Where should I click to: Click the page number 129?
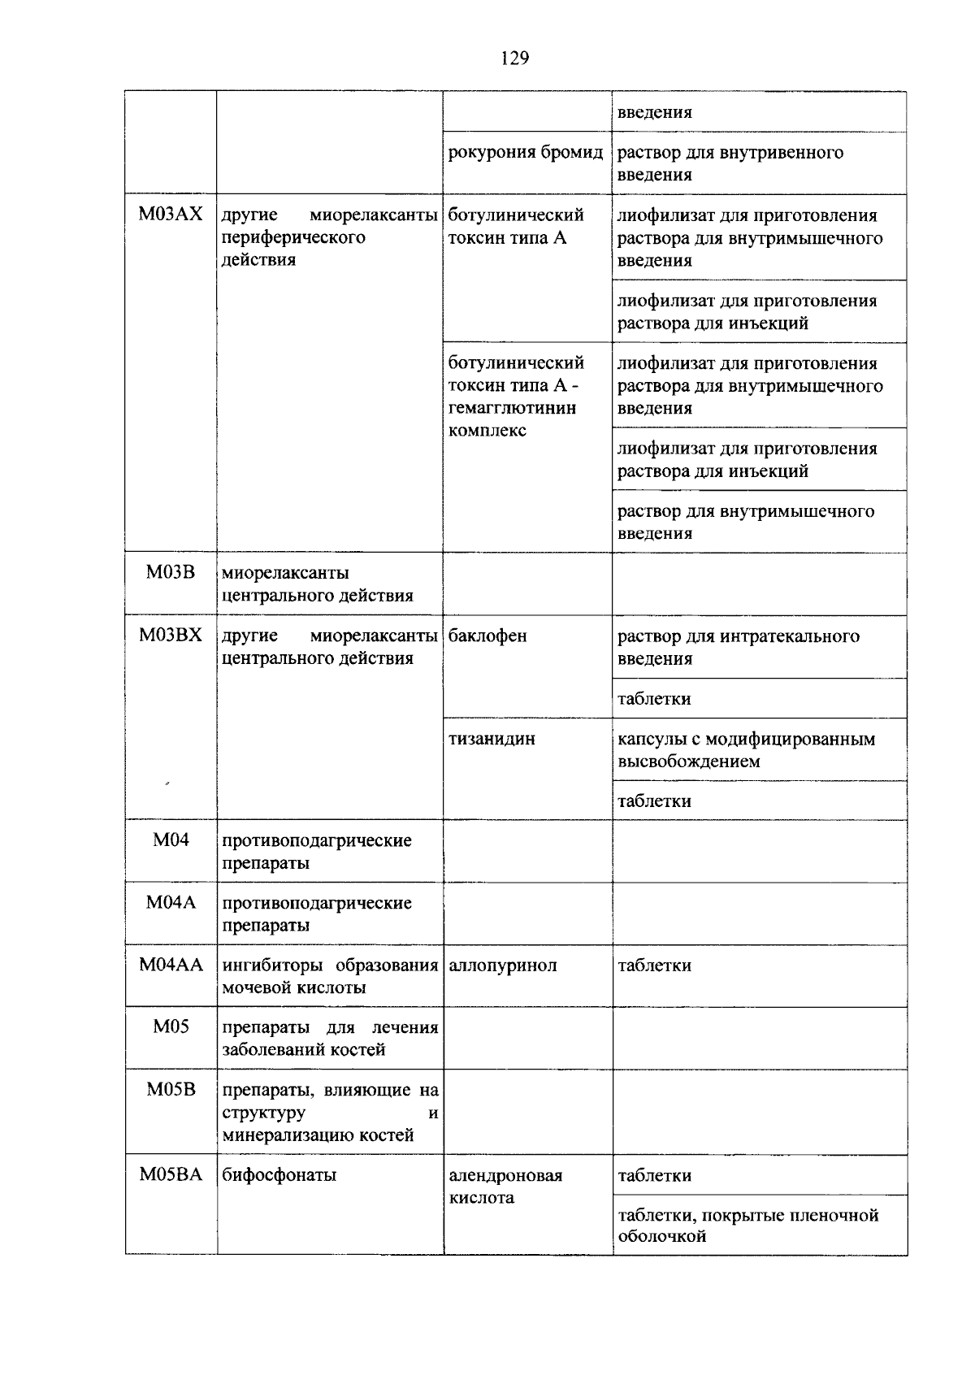pyautogui.click(x=515, y=58)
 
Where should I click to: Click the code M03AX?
pyautogui.click(x=171, y=215)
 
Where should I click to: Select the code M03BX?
pyautogui.click(x=171, y=636)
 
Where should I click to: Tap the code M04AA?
pyautogui.click(x=171, y=965)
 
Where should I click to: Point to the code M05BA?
pyautogui.click(x=171, y=1174)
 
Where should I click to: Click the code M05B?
pyautogui.click(x=171, y=1090)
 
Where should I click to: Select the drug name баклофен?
pyautogui.click(x=487, y=636)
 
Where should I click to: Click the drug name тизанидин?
pyautogui.click(x=492, y=740)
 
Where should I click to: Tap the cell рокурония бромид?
pyautogui.click(x=526, y=153)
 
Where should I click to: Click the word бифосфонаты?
pyautogui.click(x=279, y=1175)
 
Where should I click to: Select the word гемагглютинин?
pyautogui.click(x=513, y=408)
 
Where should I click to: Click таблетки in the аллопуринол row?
pyautogui.click(x=655, y=966)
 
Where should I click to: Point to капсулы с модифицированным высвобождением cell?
pyautogui.click(x=746, y=750)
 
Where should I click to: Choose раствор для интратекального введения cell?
pyautogui.click(x=738, y=647)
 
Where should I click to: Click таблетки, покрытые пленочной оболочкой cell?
pyautogui.click(x=747, y=1226)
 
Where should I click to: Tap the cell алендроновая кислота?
pyautogui.click(x=505, y=1187)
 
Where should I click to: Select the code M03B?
pyautogui.click(x=171, y=572)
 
